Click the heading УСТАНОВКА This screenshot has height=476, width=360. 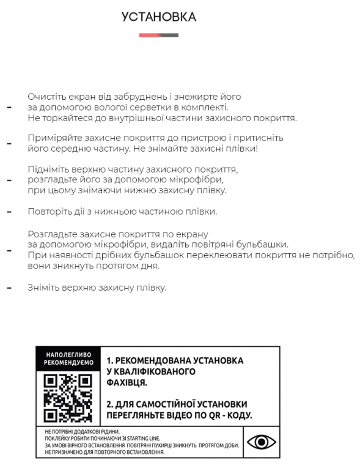pos(158,17)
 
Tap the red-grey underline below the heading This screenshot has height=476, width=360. pos(158,35)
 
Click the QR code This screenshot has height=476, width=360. pos(68,398)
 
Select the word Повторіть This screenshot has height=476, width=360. pos(49,212)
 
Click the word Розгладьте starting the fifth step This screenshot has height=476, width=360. pos(51,234)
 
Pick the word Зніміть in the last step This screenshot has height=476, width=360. pos(43,288)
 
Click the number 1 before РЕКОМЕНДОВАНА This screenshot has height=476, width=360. pos(109,361)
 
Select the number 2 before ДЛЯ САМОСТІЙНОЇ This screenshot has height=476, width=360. pos(109,404)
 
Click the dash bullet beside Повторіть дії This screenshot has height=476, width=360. pos(9,212)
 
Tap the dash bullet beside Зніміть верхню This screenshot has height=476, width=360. pos(9,288)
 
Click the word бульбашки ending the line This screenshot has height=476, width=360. pos(264,245)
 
